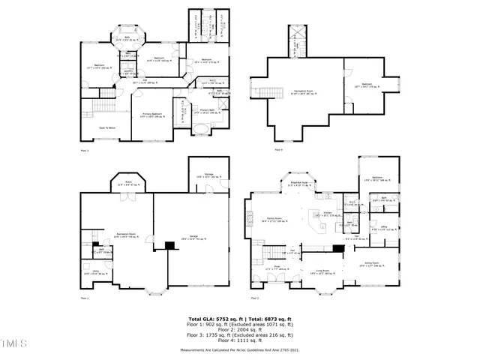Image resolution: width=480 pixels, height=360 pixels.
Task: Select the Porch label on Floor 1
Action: point(128,184)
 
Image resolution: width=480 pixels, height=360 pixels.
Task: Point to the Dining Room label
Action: point(371,263)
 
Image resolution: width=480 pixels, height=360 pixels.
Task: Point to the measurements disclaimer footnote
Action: point(239,350)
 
